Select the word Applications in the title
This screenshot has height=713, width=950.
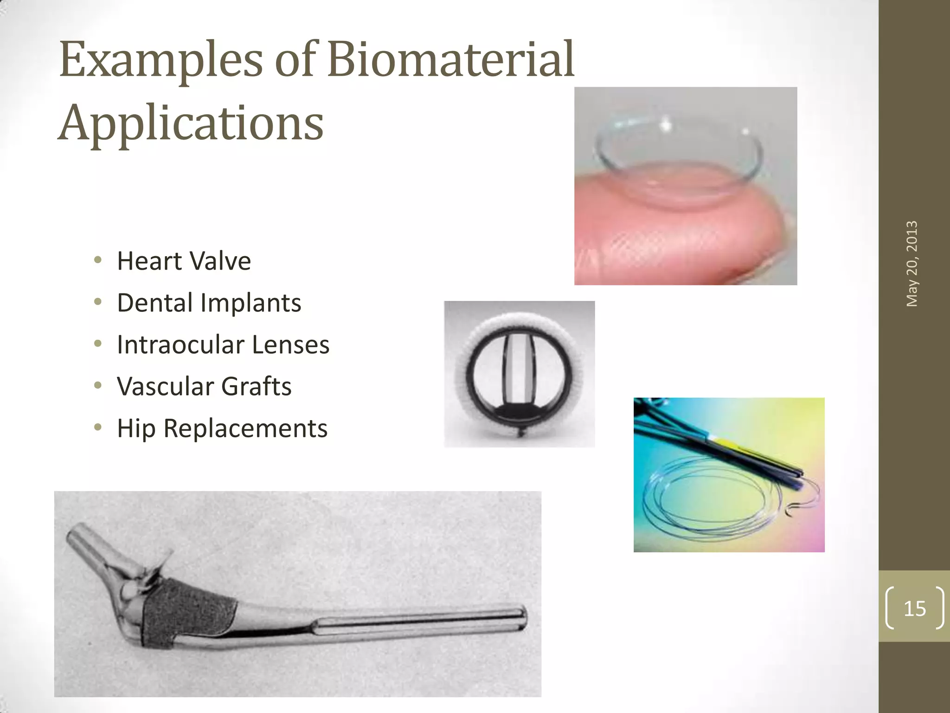pyautogui.click(x=191, y=123)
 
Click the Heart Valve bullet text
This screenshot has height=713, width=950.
pyautogui.click(x=184, y=261)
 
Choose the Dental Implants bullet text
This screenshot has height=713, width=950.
pyautogui.click(x=209, y=303)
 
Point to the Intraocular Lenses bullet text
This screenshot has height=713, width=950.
pyautogui.click(x=223, y=344)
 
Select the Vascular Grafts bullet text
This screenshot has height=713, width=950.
pyautogui.click(x=204, y=386)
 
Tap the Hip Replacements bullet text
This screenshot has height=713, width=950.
pyautogui.click(x=222, y=428)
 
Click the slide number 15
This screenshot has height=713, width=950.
pyautogui.click(x=914, y=609)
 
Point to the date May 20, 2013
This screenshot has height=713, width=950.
pyautogui.click(x=912, y=264)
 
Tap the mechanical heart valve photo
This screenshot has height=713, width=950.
pyautogui.click(x=519, y=374)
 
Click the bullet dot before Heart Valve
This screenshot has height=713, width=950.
pyautogui.click(x=97, y=260)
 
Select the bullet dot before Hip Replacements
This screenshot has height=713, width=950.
pyautogui.click(x=97, y=428)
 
